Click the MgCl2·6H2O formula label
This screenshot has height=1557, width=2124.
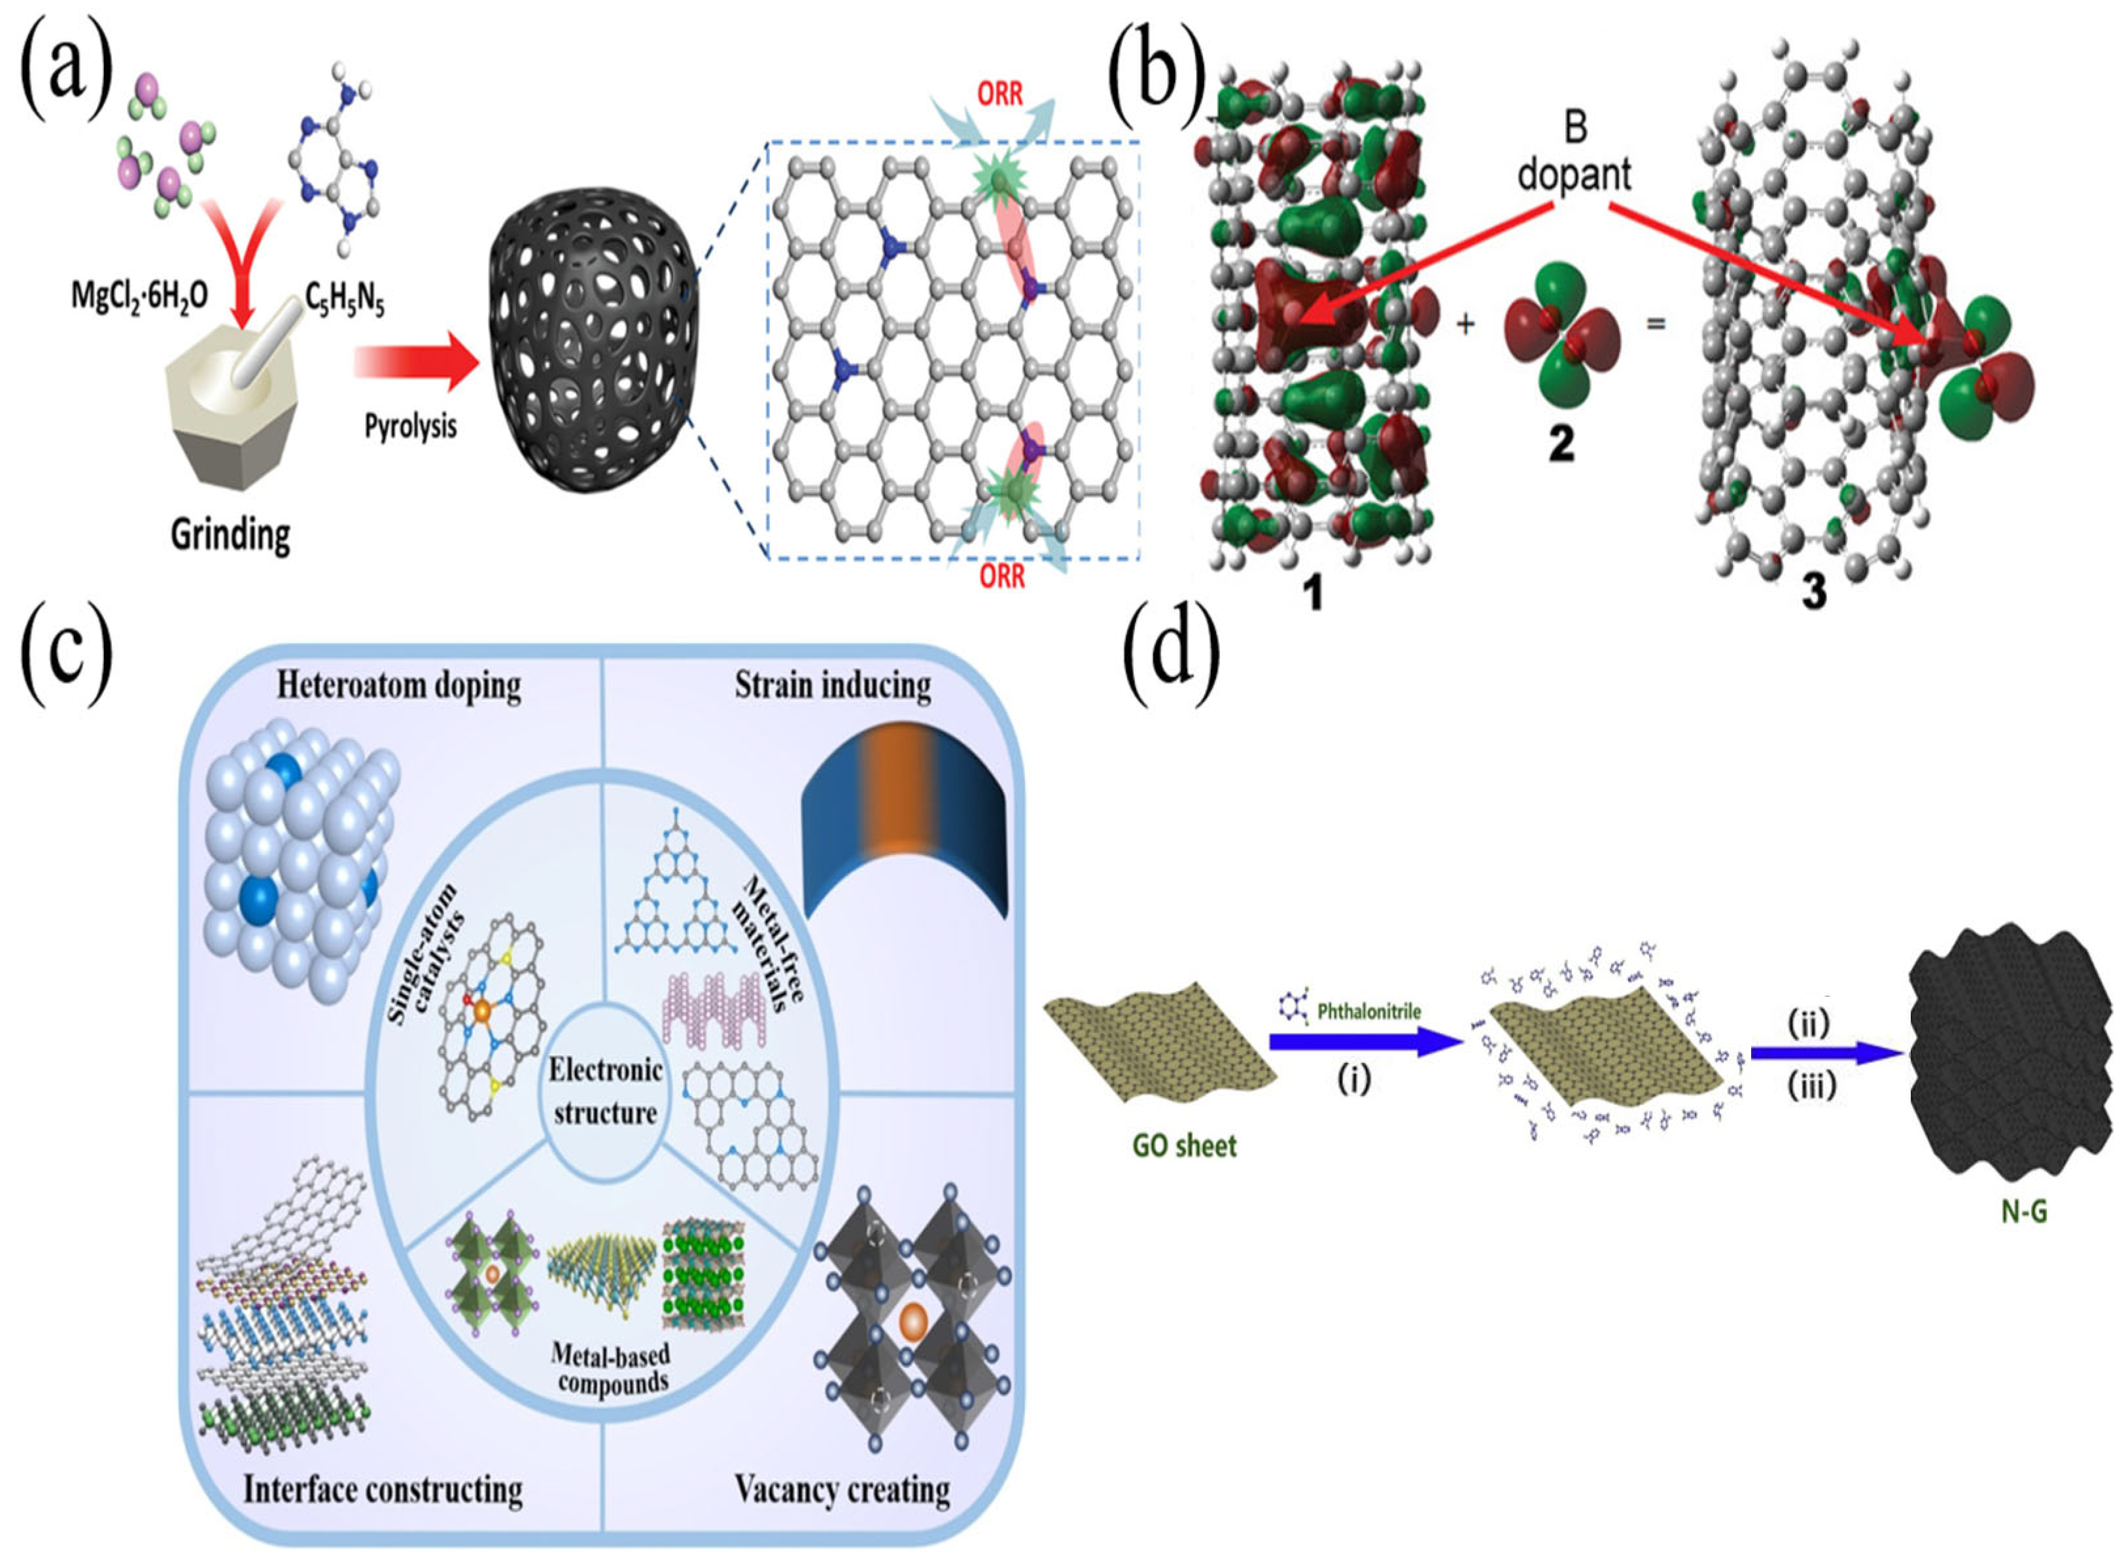139,296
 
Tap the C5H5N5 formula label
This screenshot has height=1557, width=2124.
344,300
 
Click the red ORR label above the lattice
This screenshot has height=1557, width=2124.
1000,94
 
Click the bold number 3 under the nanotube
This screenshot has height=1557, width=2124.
1813,591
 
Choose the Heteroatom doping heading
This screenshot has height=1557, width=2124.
398,685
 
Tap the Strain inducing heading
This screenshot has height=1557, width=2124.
832,685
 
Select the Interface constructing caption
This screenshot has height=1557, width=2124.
383,1490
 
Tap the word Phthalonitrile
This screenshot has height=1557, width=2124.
1368,1012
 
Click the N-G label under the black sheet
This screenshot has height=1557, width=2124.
2023,1211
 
